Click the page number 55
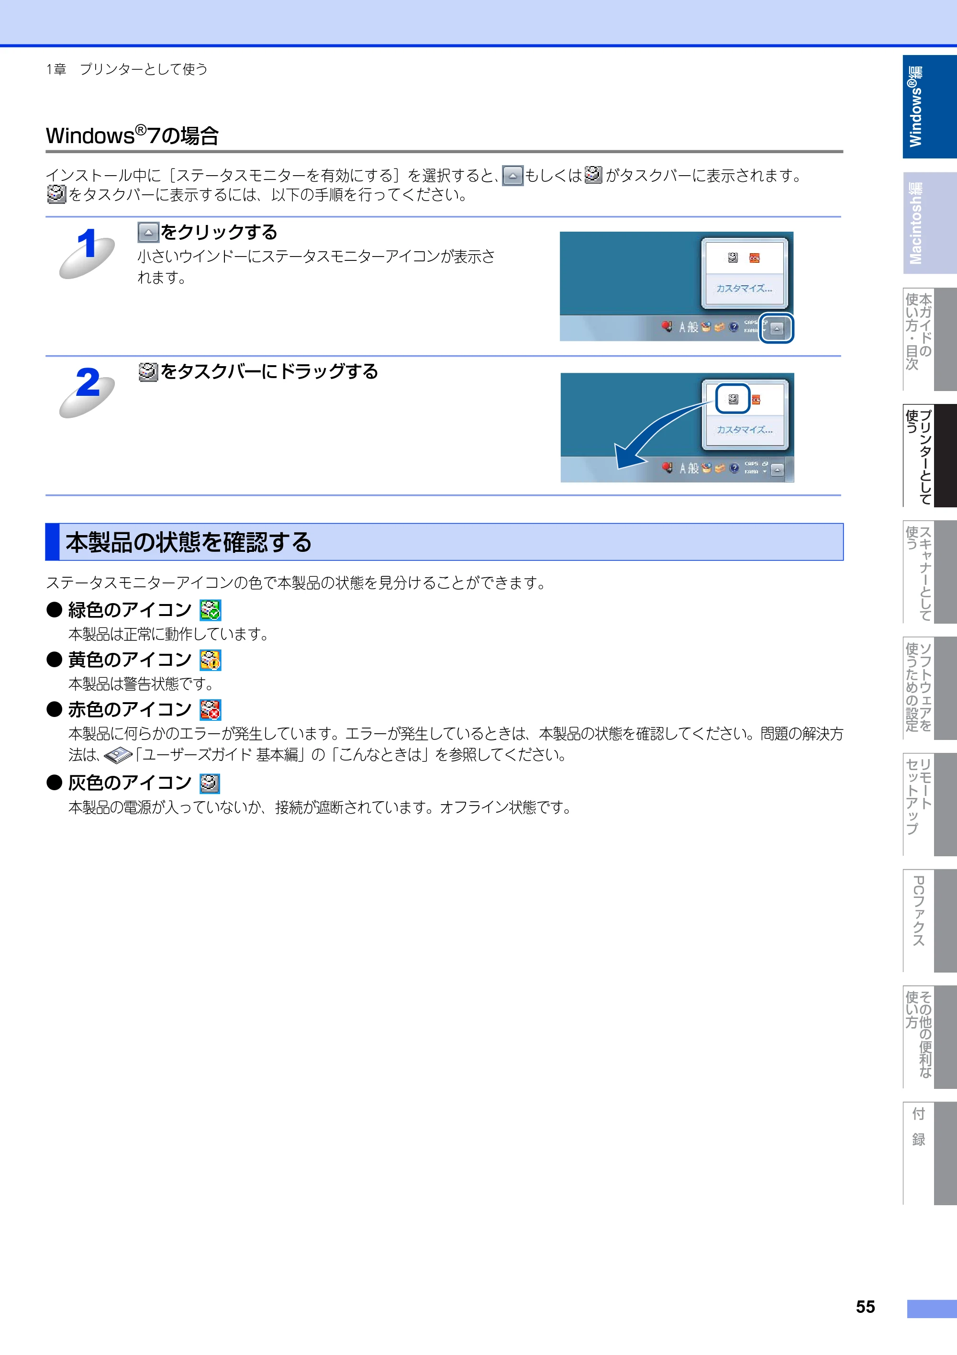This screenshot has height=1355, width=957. pos(865,1307)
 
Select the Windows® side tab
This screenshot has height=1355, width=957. pos(929,106)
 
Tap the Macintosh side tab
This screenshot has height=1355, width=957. pos(929,223)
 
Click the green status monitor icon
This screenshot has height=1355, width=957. pos(210,610)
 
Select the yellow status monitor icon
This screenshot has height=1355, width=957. pos(210,660)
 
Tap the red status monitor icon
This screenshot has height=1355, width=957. pos(210,709)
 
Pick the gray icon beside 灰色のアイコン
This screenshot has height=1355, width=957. pos(210,783)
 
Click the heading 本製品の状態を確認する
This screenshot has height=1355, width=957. pos(189,542)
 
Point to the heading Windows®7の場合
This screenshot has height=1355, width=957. pos(132,135)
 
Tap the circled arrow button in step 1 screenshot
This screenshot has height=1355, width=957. pos(777,328)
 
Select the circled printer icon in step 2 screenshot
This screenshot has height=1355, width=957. pos(733,399)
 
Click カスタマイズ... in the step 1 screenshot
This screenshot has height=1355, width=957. pos(744,289)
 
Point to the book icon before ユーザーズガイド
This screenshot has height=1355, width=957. pos(118,755)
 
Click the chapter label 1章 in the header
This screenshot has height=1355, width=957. pos(56,69)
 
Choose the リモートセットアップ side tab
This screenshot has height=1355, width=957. pos(929,804)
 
